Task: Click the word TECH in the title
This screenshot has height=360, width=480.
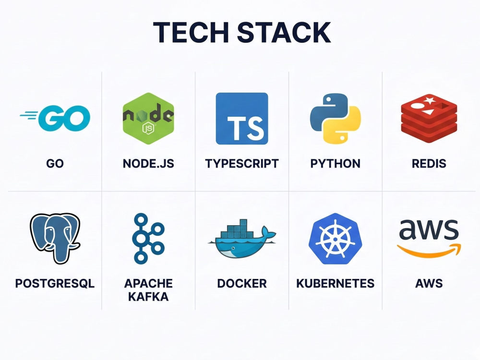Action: click(191, 32)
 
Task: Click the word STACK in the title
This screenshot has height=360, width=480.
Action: click(284, 32)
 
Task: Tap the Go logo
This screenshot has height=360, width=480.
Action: click(55, 118)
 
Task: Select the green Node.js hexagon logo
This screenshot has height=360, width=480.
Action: click(148, 119)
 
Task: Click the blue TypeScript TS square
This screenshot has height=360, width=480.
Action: click(242, 119)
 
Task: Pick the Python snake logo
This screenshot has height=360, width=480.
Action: click(336, 119)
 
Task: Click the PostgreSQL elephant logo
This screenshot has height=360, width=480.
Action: click(55, 239)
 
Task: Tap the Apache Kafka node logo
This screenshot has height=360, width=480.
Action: click(148, 239)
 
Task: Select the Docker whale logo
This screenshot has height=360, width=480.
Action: click(242, 239)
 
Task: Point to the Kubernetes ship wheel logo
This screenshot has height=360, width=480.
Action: click(336, 239)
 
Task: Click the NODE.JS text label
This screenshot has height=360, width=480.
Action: click(148, 164)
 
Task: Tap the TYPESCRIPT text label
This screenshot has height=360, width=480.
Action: click(242, 164)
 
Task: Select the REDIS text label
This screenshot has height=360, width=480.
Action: click(429, 164)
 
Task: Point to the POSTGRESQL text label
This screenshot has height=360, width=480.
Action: click(55, 284)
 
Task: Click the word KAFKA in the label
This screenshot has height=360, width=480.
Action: click(148, 297)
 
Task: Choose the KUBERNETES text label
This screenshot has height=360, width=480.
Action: click(336, 284)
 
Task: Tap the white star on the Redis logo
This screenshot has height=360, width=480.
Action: click(429, 100)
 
